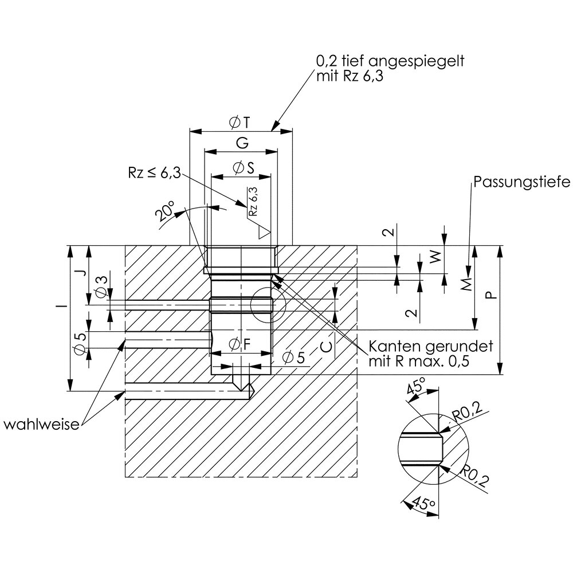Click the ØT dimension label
pyautogui.click(x=239, y=122)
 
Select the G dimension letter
pyautogui.click(x=241, y=143)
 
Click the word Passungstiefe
pyautogui.click(x=521, y=183)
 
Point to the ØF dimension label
pyautogui.click(x=241, y=345)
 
